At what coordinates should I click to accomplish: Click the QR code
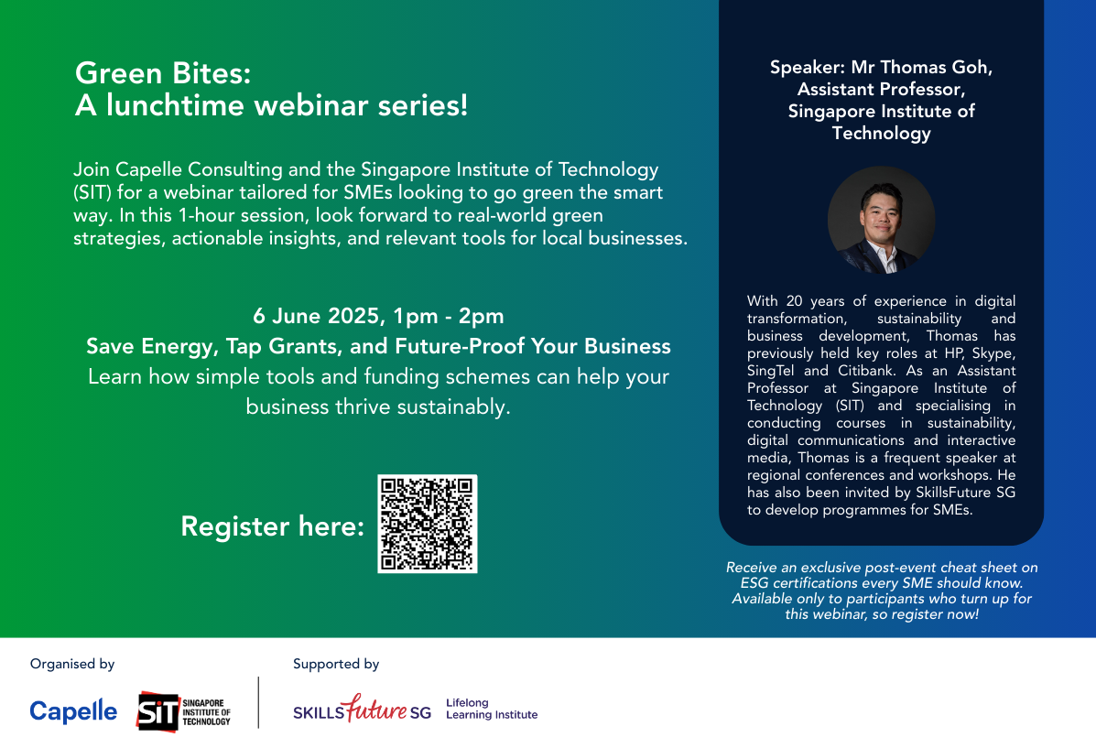[427, 524]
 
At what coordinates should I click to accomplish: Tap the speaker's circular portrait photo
[881, 220]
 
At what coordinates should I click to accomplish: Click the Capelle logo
[73, 711]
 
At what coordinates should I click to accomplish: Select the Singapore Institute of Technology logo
[183, 710]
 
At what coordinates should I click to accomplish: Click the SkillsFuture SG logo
[362, 709]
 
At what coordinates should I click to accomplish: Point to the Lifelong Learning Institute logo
[491, 709]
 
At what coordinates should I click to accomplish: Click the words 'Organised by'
[72, 664]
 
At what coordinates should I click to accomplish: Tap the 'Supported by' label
[336, 664]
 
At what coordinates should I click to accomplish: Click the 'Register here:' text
[273, 526]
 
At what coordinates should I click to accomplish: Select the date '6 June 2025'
[317, 317]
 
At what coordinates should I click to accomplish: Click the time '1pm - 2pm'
[448, 317]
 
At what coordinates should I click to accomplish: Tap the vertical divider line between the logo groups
[258, 702]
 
